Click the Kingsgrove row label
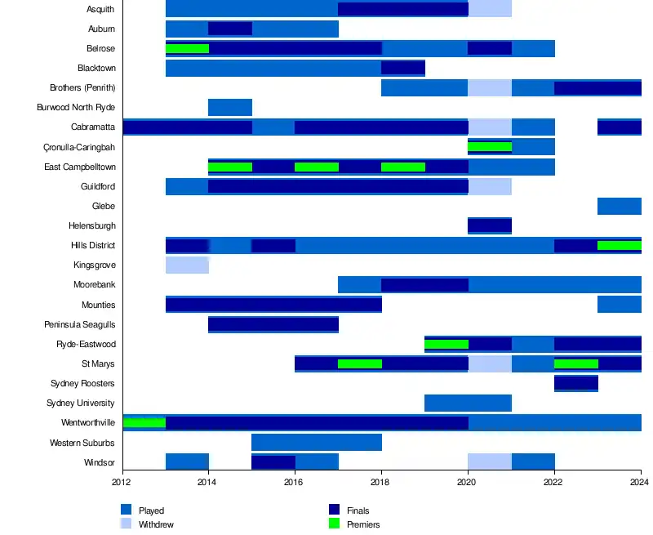click(x=94, y=265)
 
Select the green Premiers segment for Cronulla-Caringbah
click(x=490, y=147)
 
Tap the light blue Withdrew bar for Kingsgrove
click(x=187, y=265)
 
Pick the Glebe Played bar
click(x=619, y=207)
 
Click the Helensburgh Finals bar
click(x=490, y=225)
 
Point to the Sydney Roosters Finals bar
click(x=575, y=383)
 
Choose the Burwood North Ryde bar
click(x=230, y=108)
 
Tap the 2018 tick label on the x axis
click(x=381, y=483)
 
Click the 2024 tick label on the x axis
click(x=640, y=483)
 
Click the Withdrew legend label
click(x=156, y=524)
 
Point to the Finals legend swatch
click(x=334, y=510)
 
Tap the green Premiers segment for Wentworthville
click(x=144, y=422)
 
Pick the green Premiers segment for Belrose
click(x=187, y=49)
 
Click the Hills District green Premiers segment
click(x=619, y=245)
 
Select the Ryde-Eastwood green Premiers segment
click(x=446, y=344)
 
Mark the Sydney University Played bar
click(x=468, y=403)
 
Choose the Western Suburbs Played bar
click(x=317, y=443)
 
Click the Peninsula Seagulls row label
click(x=80, y=324)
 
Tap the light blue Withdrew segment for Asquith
click(x=490, y=10)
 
